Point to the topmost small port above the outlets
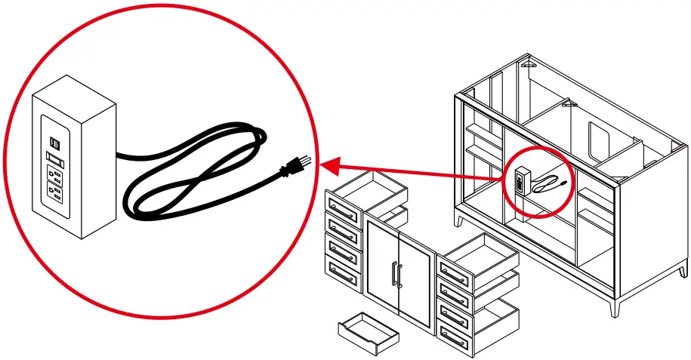point(54,141)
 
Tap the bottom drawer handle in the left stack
point(343,276)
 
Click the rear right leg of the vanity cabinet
point(683,269)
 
